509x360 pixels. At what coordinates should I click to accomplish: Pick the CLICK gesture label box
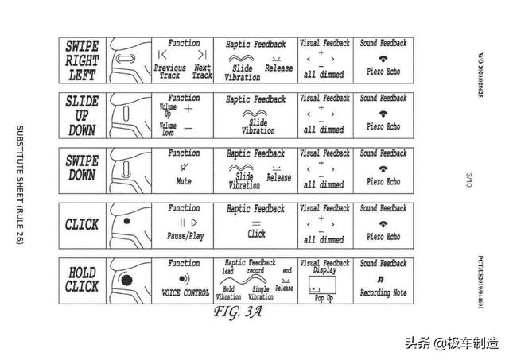pyautogui.click(x=83, y=225)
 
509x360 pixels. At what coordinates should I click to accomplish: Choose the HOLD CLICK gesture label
pyautogui.click(x=83, y=280)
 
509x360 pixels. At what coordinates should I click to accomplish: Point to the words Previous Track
pyautogui.click(x=169, y=72)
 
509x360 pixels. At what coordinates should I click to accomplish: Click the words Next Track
pyautogui.click(x=202, y=72)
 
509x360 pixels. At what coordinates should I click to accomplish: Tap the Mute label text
pyautogui.click(x=184, y=181)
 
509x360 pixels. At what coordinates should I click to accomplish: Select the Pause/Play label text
pyautogui.click(x=184, y=237)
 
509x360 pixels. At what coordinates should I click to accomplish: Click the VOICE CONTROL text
pyautogui.click(x=185, y=292)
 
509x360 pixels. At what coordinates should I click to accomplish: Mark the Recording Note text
pyautogui.click(x=383, y=293)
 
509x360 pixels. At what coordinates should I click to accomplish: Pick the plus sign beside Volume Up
pyautogui.click(x=188, y=108)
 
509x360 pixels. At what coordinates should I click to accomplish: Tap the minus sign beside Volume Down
pyautogui.click(x=188, y=127)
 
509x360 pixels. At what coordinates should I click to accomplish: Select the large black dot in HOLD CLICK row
pyautogui.click(x=126, y=280)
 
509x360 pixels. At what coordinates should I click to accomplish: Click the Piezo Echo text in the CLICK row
pyautogui.click(x=383, y=237)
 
